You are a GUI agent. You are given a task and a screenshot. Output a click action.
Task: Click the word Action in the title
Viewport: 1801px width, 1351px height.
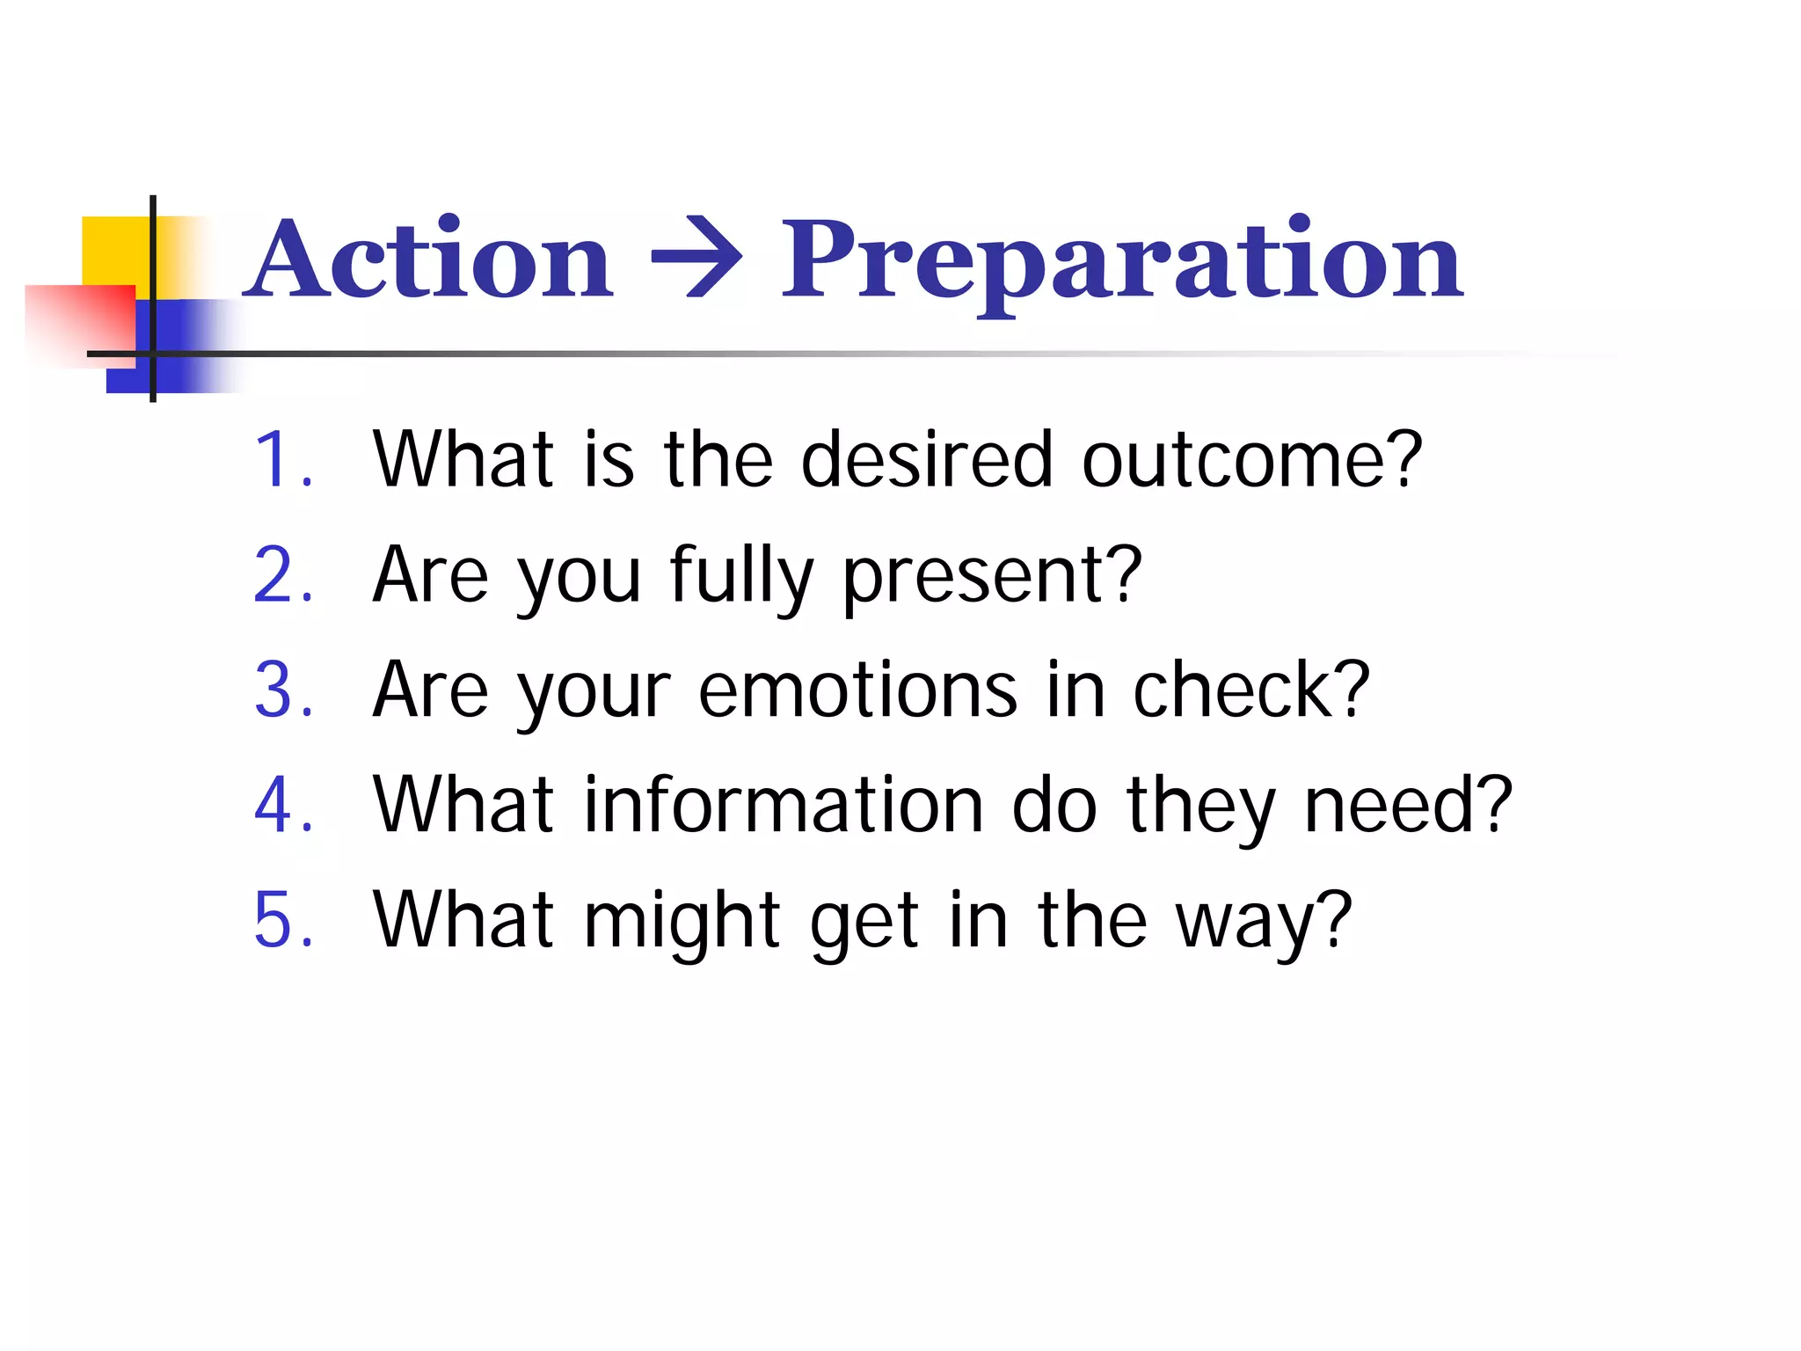pos(429,260)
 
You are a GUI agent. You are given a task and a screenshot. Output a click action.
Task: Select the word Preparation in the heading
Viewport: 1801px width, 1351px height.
pos(1122,260)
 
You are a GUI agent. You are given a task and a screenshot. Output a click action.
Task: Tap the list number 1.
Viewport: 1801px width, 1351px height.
pos(280,459)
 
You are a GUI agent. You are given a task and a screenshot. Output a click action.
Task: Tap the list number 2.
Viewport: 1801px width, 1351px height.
pos(280,575)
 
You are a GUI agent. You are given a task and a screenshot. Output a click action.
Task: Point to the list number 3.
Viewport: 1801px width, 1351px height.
pos(280,690)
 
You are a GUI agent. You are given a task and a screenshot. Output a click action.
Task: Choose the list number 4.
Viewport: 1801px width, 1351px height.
pos(280,806)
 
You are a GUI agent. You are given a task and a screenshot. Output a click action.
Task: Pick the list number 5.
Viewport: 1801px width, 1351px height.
pos(280,921)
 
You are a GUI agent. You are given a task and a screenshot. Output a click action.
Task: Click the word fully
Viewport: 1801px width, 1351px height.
pos(740,577)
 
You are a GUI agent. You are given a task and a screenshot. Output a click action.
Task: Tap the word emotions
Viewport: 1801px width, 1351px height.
pos(857,691)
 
